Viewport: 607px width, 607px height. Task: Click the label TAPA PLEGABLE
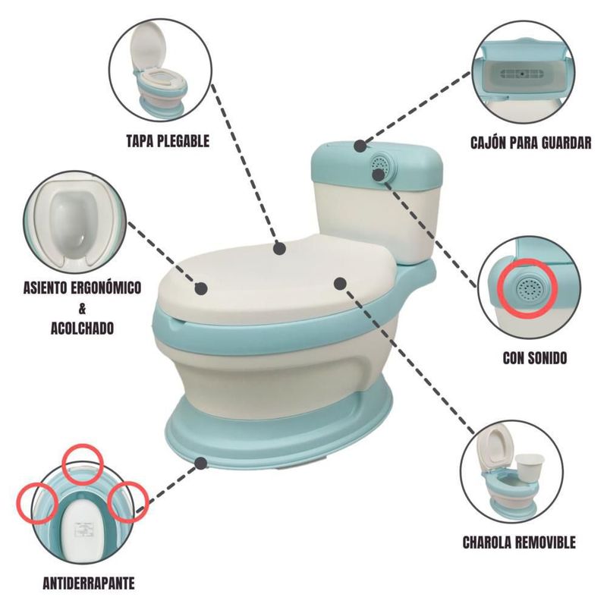coord(168,141)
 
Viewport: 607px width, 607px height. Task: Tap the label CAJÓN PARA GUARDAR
coord(530,143)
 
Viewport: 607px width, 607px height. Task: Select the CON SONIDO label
coord(535,357)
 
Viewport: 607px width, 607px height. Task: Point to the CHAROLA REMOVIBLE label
coord(519,543)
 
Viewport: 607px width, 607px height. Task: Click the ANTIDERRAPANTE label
coord(89,583)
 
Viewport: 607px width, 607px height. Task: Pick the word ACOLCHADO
coord(82,329)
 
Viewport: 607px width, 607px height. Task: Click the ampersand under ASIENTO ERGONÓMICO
coord(82,309)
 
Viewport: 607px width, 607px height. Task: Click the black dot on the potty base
coord(200,463)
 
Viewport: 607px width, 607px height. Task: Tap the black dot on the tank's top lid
coord(360,146)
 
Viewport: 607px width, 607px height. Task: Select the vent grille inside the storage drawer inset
coord(520,74)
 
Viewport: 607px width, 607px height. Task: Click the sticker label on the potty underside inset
coord(83,530)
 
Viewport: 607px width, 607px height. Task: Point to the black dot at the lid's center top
coord(279,249)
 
